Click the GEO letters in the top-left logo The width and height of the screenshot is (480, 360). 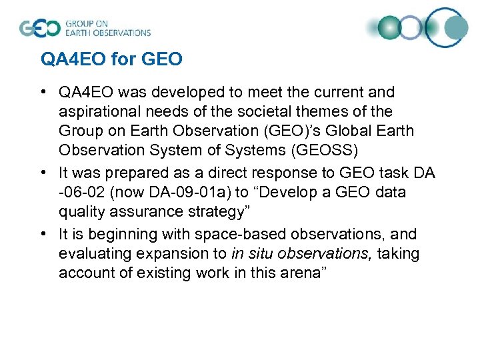click(x=39, y=28)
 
